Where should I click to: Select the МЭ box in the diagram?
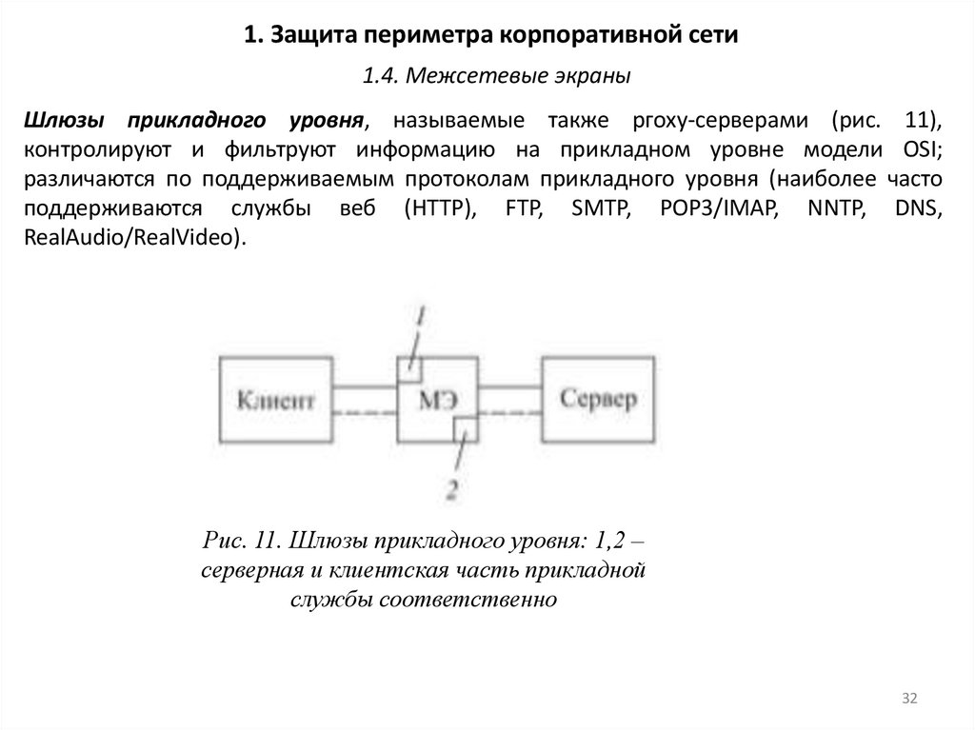[x=436, y=397]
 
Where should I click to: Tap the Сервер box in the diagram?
[x=599, y=397]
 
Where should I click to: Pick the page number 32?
[x=908, y=700]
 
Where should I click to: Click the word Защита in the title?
[x=308, y=35]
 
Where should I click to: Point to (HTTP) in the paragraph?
[x=439, y=208]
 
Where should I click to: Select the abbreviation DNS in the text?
[x=920, y=208]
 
